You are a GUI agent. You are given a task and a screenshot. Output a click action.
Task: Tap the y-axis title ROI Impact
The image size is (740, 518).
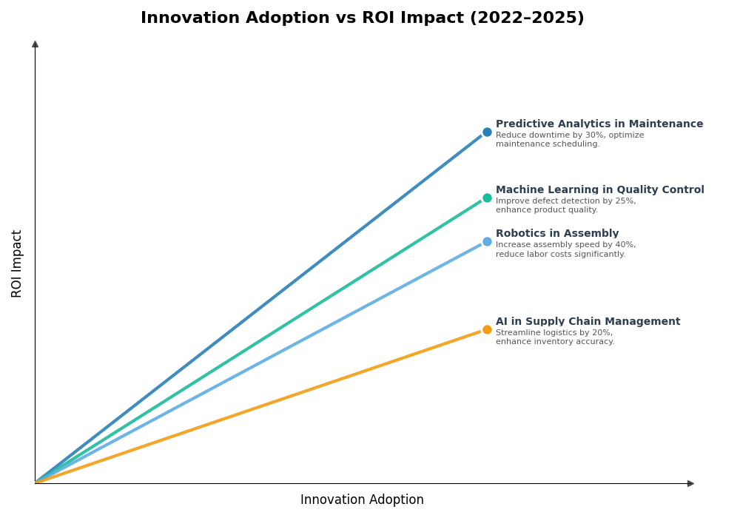pos(17,263)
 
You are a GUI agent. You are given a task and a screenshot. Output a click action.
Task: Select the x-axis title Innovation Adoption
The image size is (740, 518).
pos(362,500)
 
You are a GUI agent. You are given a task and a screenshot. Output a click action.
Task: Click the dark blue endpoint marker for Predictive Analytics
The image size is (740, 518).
pos(487,132)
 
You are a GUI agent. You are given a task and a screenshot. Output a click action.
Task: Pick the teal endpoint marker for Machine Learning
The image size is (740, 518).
pos(487,198)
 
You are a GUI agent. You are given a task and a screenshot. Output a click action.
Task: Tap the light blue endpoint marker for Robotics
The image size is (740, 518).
pos(487,242)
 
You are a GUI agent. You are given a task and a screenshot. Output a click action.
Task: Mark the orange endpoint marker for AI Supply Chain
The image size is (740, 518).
pos(487,330)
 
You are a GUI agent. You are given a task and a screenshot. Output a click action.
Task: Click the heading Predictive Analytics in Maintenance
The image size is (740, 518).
pos(599,124)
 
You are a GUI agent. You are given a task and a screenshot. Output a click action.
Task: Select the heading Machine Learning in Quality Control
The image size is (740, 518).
pos(599,190)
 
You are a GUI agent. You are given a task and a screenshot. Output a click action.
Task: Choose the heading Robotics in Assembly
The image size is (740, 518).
pos(557,234)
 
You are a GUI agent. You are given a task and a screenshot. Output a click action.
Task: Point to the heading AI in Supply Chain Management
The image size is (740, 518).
pos(588,322)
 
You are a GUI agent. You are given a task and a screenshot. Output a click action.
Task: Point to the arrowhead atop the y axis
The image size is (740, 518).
pos(35,44)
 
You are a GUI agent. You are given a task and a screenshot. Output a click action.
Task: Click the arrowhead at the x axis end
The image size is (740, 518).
pos(690,484)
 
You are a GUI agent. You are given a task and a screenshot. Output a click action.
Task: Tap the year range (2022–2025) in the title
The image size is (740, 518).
pos(526,18)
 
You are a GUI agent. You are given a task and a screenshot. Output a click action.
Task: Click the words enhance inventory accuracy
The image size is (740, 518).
pos(555,342)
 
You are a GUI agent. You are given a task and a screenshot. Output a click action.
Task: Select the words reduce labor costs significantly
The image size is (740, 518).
pos(560,255)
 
